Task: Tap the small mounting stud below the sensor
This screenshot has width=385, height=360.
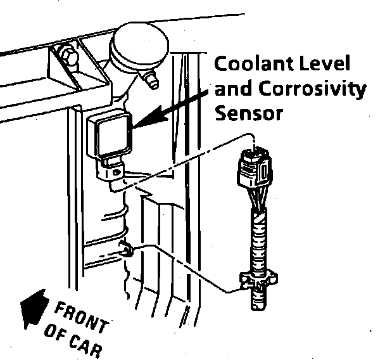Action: tap(125, 251)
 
